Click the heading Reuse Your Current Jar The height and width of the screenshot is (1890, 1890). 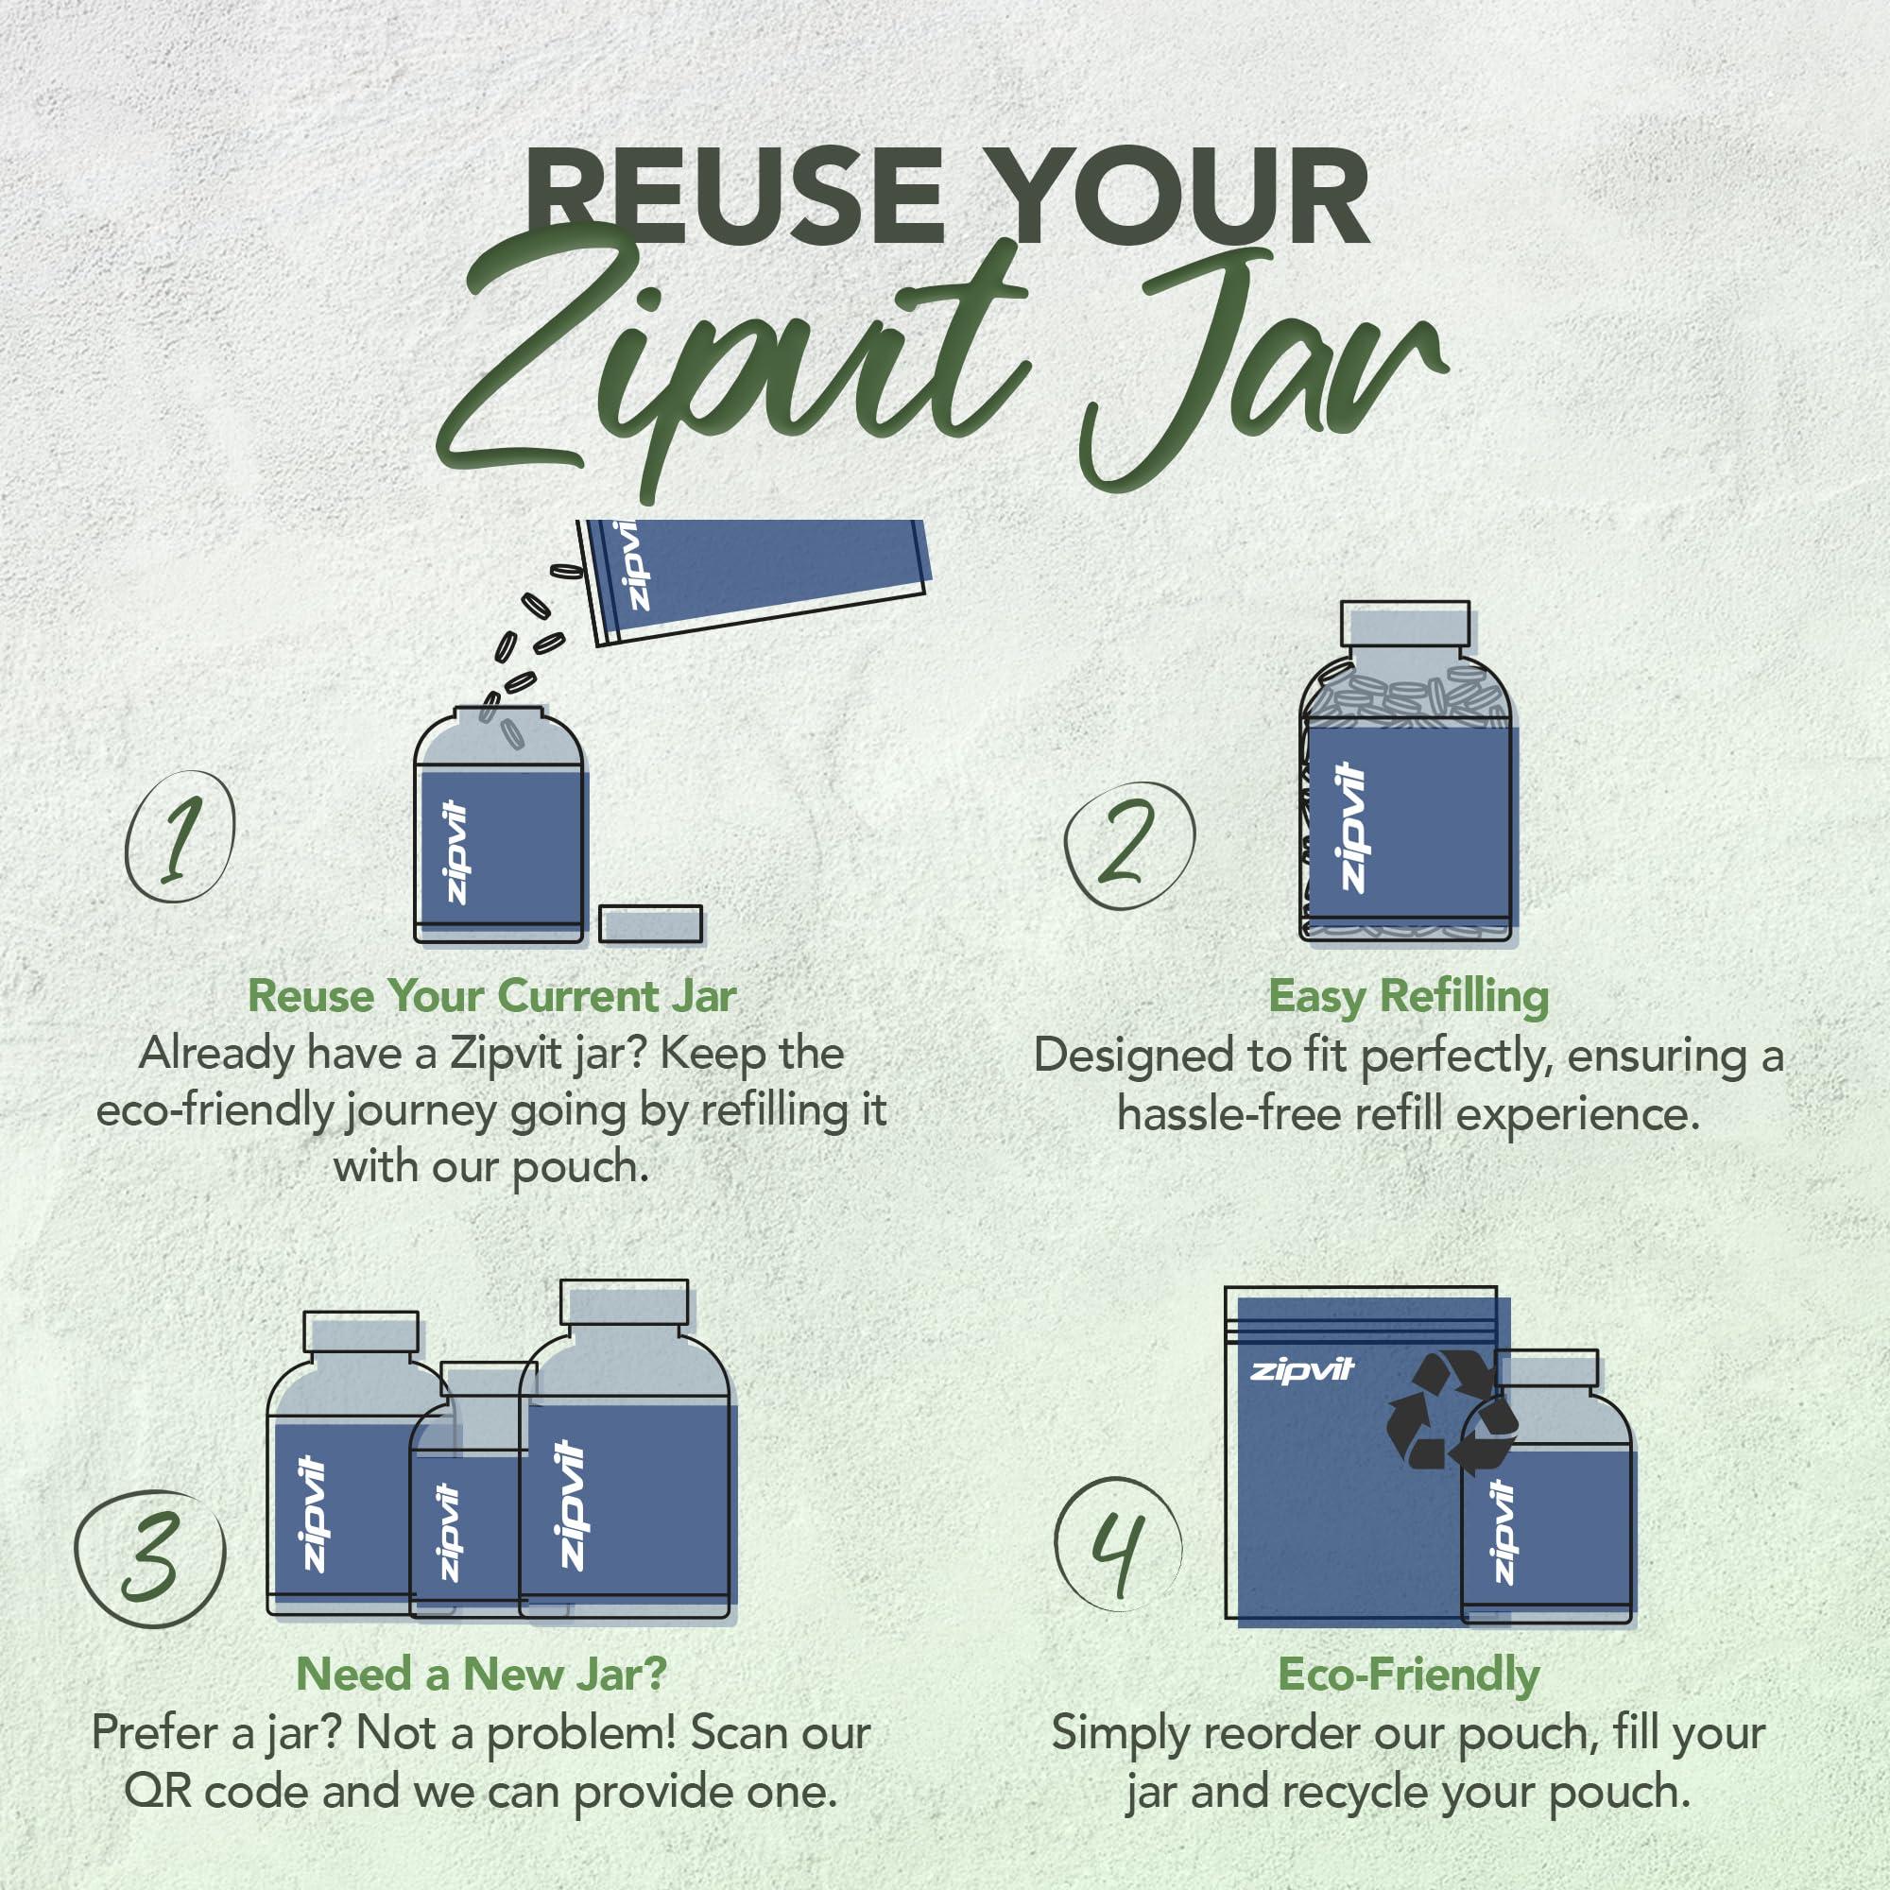(x=492, y=997)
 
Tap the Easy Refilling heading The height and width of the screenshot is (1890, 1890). (x=1409, y=997)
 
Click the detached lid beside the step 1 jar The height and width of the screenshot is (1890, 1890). (x=650, y=924)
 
